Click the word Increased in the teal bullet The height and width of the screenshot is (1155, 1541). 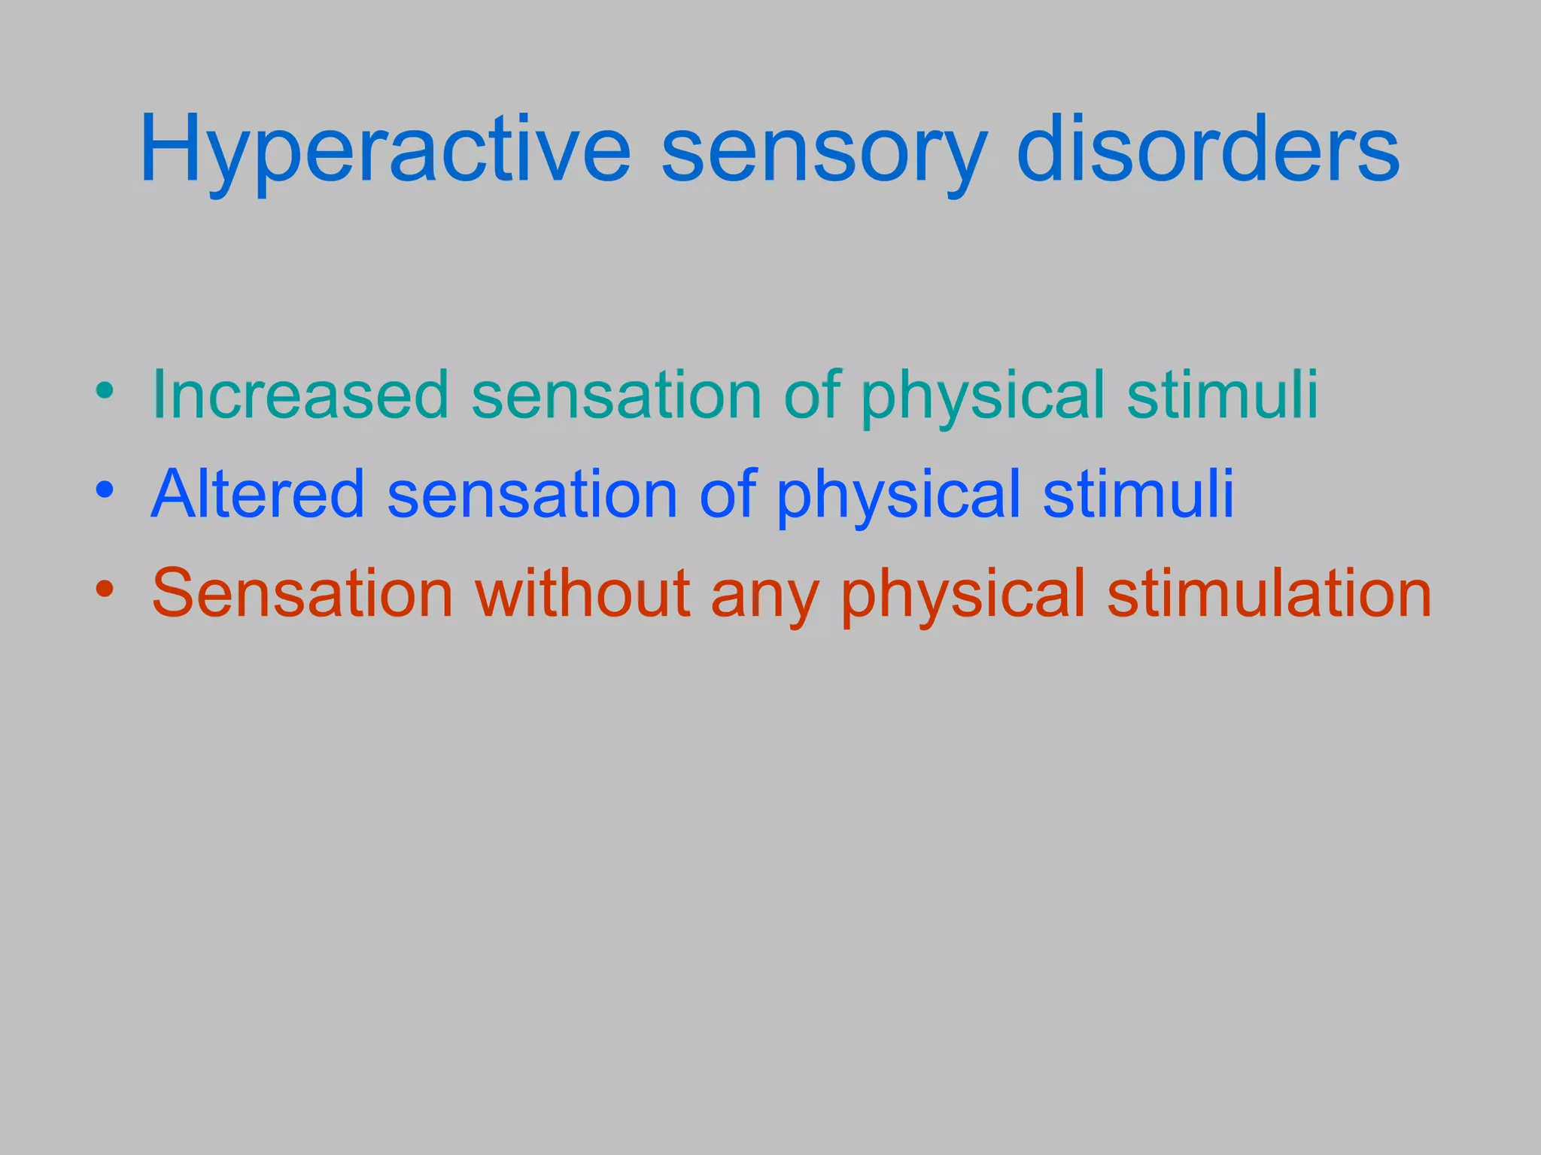coord(300,395)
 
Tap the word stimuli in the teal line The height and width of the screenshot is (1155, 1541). coord(1222,395)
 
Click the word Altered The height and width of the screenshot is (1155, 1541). coord(258,494)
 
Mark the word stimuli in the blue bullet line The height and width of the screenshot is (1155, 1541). coord(1138,494)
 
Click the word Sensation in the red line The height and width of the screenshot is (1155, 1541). coord(302,593)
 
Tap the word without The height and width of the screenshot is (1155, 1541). coord(583,593)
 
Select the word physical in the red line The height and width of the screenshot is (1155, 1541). coord(963,595)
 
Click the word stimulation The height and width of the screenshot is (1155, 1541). coord(1269,593)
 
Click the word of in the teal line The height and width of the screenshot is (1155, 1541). coord(812,395)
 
